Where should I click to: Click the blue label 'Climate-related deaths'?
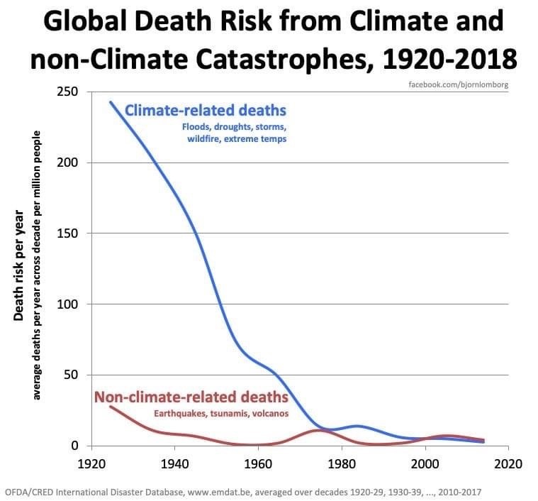pos(206,111)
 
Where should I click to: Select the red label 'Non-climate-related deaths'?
pos(191,397)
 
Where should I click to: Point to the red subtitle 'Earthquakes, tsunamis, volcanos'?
pos(221,413)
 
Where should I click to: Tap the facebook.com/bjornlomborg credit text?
pos(459,85)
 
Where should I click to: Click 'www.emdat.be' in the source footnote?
pos(217,490)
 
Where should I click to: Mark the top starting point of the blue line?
pos(110,101)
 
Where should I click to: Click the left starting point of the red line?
pos(110,407)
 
